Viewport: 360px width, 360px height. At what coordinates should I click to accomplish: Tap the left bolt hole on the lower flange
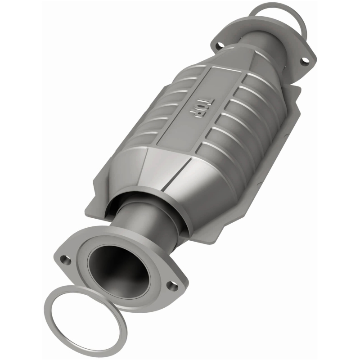66,260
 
